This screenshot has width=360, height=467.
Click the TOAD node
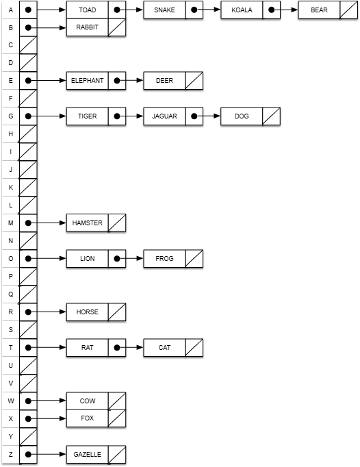[x=96, y=10]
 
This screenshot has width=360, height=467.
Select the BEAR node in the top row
[x=328, y=10]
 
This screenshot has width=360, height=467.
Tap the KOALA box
[x=250, y=10]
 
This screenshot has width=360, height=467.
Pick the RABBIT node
[x=96, y=27]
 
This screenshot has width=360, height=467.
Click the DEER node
[x=173, y=80]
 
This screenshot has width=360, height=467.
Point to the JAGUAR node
[x=173, y=116]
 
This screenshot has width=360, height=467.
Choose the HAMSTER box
[x=96, y=223]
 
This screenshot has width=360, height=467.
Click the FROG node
[x=173, y=259]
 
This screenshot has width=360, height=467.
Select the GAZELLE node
[x=96, y=455]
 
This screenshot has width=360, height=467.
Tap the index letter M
[x=11, y=223]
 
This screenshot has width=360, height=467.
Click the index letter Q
[x=11, y=294]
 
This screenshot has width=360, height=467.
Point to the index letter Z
[x=11, y=455]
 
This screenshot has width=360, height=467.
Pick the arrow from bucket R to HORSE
[x=47, y=312]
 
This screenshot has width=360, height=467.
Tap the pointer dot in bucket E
[x=28, y=80]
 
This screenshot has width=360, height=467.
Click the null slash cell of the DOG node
[x=271, y=116]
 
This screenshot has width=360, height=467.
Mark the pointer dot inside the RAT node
[x=117, y=348]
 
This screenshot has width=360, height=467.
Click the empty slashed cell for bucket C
[x=28, y=45]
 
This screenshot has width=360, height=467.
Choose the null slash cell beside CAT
[x=194, y=348]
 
